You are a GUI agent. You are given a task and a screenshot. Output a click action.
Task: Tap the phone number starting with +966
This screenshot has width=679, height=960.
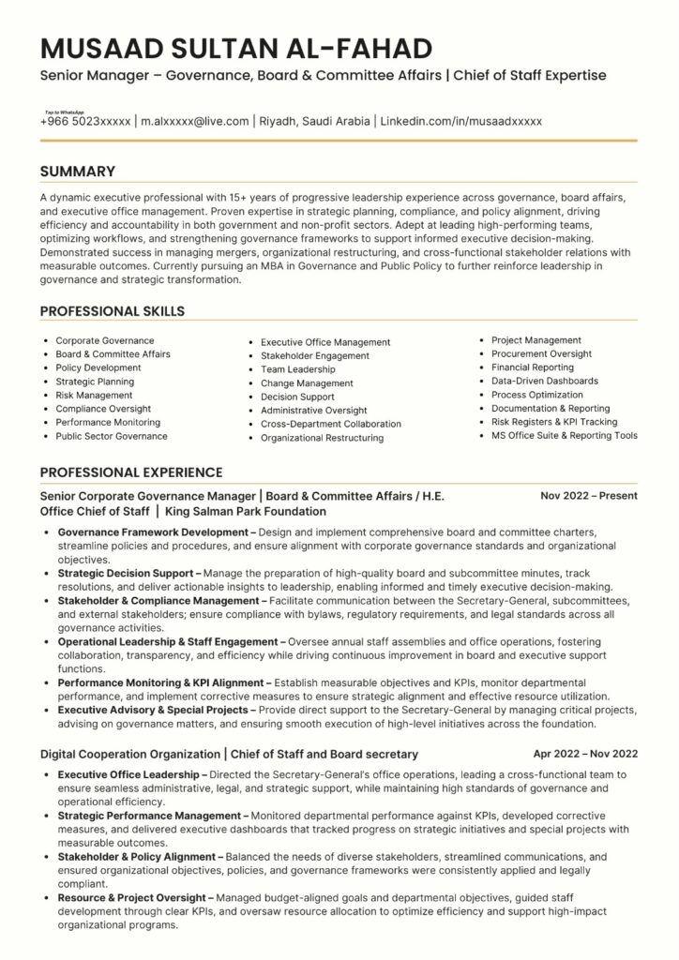pos(85,121)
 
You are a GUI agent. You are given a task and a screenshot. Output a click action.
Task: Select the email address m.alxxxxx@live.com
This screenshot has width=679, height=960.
pos(195,121)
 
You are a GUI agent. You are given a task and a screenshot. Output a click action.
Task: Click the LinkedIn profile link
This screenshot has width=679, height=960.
pos(461,121)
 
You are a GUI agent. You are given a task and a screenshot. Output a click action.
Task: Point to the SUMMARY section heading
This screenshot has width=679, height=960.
pos(78,172)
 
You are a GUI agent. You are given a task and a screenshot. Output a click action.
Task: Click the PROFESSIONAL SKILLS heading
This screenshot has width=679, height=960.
pos(113,311)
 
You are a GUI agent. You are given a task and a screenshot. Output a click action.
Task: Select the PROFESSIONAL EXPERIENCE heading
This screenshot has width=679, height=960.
pos(131,472)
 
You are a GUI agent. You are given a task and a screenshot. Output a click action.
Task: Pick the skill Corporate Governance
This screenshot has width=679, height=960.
pos(105,340)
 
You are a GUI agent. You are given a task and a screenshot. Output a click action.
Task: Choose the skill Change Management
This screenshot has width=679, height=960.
pos(307,383)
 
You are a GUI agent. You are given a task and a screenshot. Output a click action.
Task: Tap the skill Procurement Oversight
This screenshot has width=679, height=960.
pos(541,353)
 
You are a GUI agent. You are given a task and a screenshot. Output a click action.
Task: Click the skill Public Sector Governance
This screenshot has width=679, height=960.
pos(111,436)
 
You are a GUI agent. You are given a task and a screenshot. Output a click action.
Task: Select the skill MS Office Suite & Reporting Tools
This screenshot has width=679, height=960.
pos(565,435)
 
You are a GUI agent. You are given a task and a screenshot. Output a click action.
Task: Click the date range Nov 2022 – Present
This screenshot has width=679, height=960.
pos(589,495)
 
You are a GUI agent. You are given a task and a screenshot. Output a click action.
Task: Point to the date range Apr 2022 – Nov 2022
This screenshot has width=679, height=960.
pos(585,753)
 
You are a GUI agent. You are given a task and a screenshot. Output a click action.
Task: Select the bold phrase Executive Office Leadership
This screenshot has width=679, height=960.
pos(131,775)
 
